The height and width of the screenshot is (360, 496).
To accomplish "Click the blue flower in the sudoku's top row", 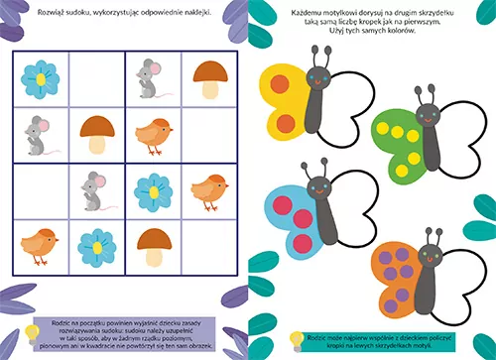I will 41,77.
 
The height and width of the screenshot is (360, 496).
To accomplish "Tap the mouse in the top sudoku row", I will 150,79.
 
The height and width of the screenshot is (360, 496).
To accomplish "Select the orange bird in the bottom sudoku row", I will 39,244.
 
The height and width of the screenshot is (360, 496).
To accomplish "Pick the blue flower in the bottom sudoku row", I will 95,244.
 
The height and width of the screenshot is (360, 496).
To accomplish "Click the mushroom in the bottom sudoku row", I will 152,243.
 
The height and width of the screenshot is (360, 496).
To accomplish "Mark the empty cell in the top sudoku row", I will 95,78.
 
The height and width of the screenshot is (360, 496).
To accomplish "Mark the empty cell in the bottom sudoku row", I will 208,244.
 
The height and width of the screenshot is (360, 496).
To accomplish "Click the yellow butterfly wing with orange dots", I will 285,101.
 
